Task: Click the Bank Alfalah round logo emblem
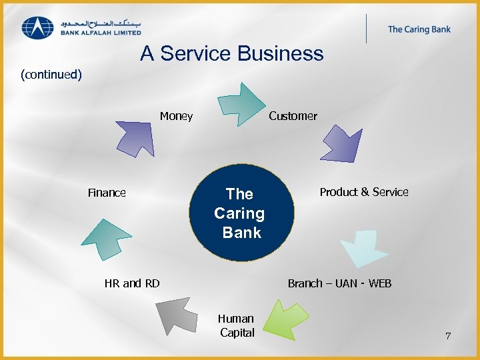38,27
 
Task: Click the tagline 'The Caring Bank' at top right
419,29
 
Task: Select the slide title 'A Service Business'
231,53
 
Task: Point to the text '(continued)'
51,74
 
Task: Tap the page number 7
448,336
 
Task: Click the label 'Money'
176,117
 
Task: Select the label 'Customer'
293,117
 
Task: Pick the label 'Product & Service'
364,192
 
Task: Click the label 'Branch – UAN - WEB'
339,283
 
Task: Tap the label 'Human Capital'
237,325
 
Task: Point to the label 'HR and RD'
132,283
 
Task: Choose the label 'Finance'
107,193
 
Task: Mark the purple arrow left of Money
135,136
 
